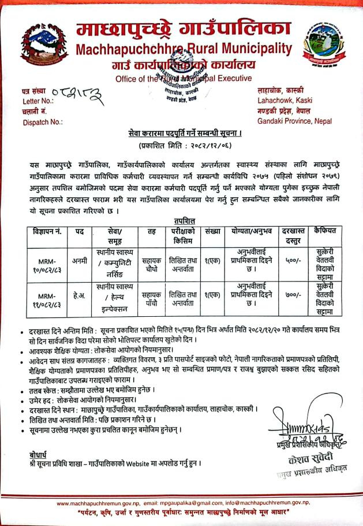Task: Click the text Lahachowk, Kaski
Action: (285, 100)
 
